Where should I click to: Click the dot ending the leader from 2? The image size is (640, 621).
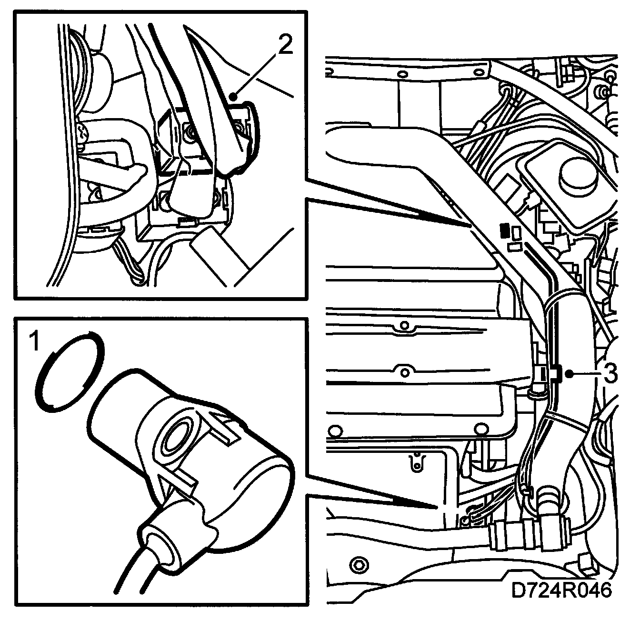coord(233,97)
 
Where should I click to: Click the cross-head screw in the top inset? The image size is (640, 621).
coord(83,132)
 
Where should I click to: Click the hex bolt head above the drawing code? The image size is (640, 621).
coord(359,565)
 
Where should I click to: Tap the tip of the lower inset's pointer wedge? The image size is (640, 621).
coord(438,508)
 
